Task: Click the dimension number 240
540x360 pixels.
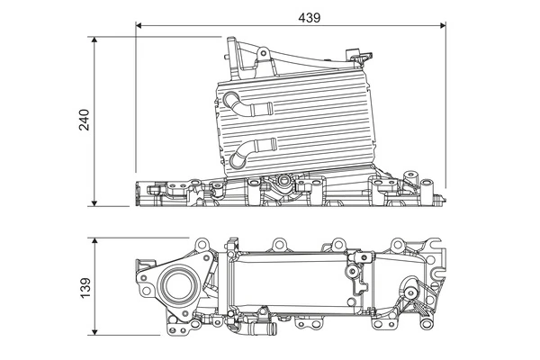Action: point(83,121)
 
